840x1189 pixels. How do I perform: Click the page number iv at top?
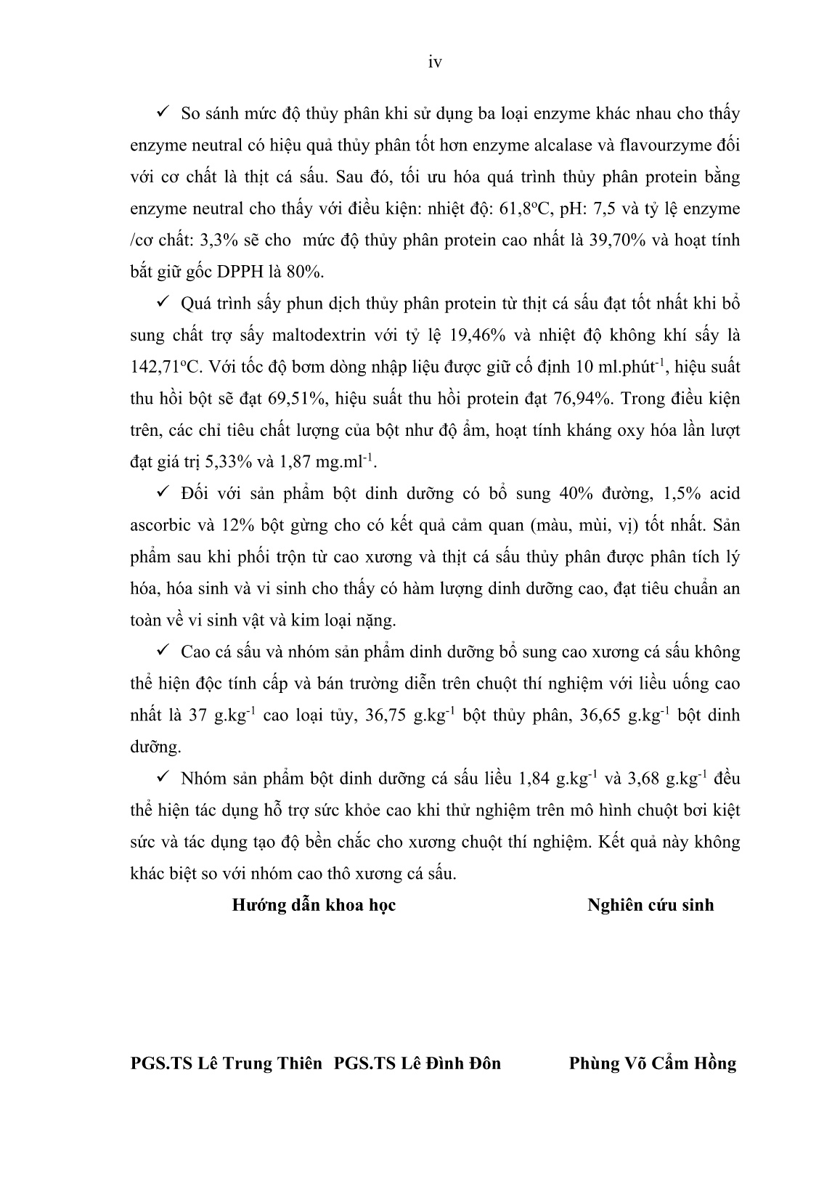(435, 62)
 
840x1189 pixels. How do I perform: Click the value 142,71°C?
(163, 368)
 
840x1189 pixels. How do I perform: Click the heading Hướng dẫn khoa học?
(314, 905)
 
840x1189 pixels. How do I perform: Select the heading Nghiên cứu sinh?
(651, 905)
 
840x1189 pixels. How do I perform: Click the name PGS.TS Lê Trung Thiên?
(226, 1063)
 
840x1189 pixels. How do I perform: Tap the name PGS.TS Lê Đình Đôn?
(417, 1063)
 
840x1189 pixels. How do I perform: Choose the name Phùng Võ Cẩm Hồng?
(653, 1063)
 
